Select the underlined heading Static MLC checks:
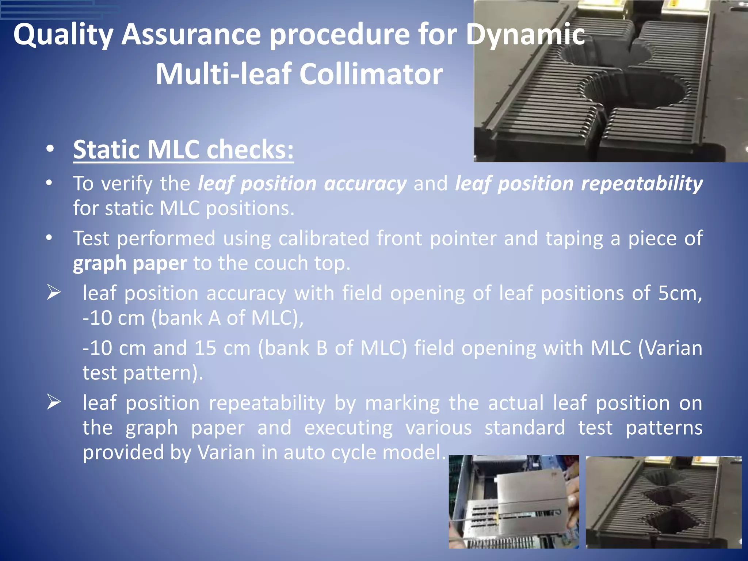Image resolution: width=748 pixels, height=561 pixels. click(183, 150)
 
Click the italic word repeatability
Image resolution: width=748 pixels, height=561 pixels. click(642, 183)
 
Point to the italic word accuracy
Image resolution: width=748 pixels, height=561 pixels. click(365, 183)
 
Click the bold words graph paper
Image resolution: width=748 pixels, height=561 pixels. click(130, 263)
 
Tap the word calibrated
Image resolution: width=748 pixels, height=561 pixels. click(324, 238)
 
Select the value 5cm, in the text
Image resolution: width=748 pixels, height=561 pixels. click(680, 293)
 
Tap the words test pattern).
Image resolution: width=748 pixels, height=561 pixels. click(142, 373)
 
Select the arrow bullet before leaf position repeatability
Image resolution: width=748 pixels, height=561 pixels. click(54, 402)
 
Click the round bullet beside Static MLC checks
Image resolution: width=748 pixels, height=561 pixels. click(50, 149)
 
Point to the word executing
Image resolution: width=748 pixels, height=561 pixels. click(348, 428)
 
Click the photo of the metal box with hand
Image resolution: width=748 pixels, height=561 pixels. click(514, 501)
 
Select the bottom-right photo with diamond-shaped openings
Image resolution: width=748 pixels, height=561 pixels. click(664, 502)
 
